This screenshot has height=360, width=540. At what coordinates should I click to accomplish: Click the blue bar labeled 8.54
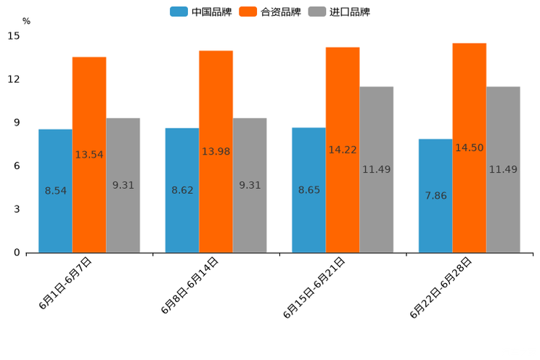[x=55, y=191]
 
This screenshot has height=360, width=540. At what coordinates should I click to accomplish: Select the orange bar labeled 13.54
[x=89, y=155]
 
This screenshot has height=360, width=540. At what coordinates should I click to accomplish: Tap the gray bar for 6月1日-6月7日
[x=123, y=185]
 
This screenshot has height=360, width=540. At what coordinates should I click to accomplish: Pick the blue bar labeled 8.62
[x=182, y=190]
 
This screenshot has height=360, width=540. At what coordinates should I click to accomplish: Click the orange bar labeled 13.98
[x=216, y=152]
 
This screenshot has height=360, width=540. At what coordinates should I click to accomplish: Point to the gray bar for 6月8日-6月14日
[x=250, y=185]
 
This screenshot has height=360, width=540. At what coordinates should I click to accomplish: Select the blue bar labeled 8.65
[x=308, y=190]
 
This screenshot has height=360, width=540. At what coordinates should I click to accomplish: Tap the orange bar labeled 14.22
[x=343, y=150]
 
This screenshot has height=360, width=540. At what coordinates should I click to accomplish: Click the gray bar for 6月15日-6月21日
[x=376, y=170]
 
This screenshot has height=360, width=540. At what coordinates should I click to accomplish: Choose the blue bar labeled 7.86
[x=435, y=196]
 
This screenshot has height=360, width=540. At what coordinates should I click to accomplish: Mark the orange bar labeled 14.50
[x=469, y=148]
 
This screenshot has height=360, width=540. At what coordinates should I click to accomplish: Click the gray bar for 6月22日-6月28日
[x=503, y=170]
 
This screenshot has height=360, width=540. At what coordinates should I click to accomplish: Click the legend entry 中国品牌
[x=201, y=12]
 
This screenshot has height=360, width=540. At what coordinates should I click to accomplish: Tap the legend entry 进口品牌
[x=339, y=12]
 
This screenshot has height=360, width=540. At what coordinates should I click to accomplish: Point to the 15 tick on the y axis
[x=15, y=36]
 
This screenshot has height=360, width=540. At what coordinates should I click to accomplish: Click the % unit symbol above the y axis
[x=26, y=21]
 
